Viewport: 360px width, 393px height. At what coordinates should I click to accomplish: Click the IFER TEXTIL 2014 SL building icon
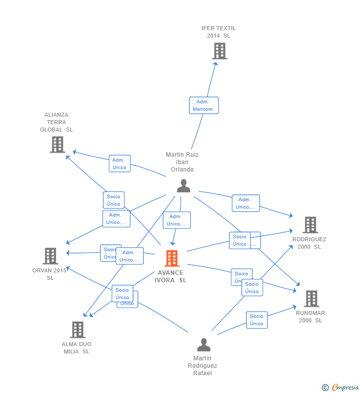click(x=220, y=51)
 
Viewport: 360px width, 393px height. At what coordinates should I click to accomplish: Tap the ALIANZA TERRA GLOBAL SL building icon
click(x=57, y=144)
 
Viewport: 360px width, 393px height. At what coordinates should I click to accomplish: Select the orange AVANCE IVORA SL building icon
click(x=172, y=258)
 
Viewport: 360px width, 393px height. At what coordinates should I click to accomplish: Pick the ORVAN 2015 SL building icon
click(x=50, y=256)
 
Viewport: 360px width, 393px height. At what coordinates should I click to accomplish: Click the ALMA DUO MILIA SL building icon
click(x=78, y=330)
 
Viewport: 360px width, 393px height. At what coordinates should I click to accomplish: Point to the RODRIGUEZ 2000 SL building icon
click(x=310, y=225)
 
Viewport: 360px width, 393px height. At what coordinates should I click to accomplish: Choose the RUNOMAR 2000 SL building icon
click(x=311, y=299)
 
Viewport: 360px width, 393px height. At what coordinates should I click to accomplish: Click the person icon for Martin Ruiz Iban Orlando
click(x=183, y=186)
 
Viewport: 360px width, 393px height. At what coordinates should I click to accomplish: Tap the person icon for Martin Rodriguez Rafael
click(x=203, y=345)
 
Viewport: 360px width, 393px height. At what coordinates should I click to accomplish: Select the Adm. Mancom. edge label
click(x=203, y=105)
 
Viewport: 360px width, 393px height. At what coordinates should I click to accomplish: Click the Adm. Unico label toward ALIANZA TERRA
click(x=120, y=164)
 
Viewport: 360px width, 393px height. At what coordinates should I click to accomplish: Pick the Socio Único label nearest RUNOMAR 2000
click(x=257, y=320)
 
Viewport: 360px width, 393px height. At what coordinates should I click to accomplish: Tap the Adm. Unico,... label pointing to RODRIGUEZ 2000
click(x=246, y=203)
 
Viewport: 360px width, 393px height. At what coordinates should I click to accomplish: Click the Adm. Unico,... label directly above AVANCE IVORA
click(x=177, y=220)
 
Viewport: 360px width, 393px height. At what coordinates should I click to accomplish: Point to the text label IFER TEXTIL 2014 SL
click(x=219, y=32)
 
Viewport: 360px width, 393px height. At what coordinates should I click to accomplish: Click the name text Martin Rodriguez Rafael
click(x=203, y=366)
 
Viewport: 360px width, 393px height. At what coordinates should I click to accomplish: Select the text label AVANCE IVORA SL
click(x=171, y=276)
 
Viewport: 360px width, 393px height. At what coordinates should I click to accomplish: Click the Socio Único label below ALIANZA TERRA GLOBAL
click(x=114, y=200)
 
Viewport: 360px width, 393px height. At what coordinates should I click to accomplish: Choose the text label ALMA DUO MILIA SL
click(x=77, y=348)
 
